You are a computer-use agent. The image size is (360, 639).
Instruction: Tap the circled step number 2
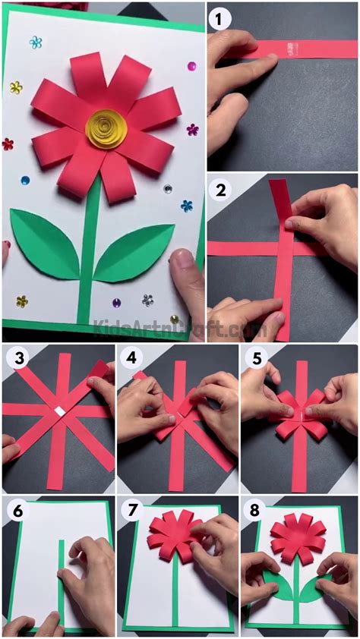tap(222, 190)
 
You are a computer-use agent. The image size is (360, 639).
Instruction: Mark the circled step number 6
tap(17, 512)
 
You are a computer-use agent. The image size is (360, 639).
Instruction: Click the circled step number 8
tap(256, 512)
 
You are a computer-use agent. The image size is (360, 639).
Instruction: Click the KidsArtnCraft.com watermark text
tap(178, 329)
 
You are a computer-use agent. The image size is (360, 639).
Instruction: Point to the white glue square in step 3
tap(58, 411)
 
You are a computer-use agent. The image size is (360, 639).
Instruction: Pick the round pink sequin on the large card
tap(191, 66)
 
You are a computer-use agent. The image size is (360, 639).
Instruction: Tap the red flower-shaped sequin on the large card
tap(8, 143)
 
